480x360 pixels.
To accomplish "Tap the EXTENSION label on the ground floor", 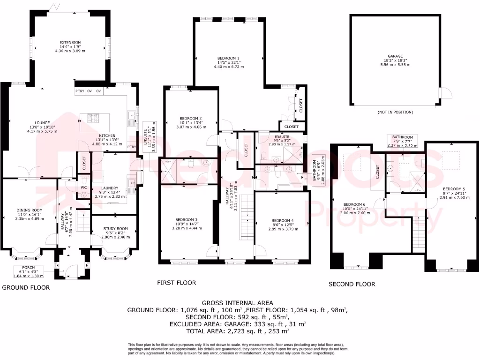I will (70, 43).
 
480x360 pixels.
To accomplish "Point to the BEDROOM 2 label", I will (191, 118).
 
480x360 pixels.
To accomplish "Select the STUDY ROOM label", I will (115, 229).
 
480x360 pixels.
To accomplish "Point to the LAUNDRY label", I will (111, 188).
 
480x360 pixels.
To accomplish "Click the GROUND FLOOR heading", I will (26, 287).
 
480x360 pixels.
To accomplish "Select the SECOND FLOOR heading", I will (352, 284).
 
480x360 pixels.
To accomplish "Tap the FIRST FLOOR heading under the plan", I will (176, 283).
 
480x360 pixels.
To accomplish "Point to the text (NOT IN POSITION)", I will (395, 112).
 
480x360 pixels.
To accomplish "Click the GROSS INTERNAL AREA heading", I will (237, 303).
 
